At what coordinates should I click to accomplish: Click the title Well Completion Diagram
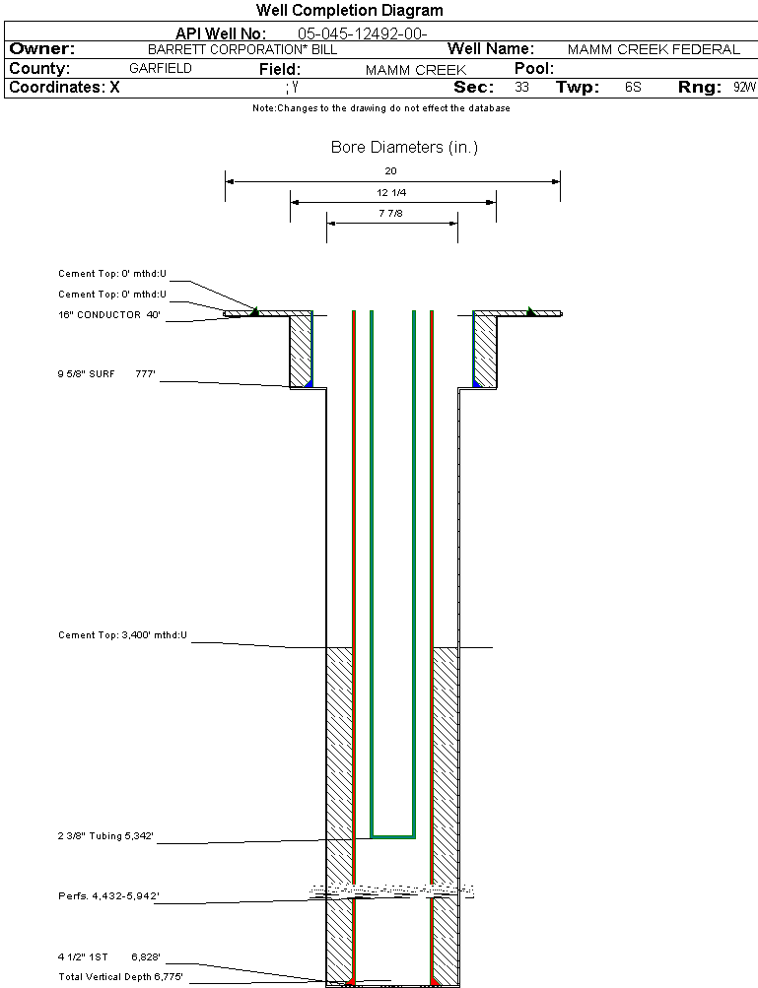pyautogui.click(x=349, y=11)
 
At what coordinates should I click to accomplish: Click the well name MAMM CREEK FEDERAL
pyautogui.click(x=654, y=49)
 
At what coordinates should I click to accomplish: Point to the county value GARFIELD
pyautogui.click(x=161, y=69)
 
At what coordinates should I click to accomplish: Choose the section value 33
pyautogui.click(x=521, y=88)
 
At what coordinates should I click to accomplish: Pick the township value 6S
pyautogui.click(x=633, y=88)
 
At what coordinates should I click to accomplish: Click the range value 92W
pyautogui.click(x=744, y=88)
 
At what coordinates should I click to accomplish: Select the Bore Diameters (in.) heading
pyautogui.click(x=404, y=148)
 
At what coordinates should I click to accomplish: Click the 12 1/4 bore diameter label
pyautogui.click(x=391, y=192)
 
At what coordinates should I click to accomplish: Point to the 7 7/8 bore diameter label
pyautogui.click(x=391, y=213)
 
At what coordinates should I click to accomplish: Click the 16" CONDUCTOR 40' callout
pyautogui.click(x=108, y=315)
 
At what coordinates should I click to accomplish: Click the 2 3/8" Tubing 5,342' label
pyautogui.click(x=105, y=836)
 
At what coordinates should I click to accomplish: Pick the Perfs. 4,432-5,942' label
pyautogui.click(x=108, y=896)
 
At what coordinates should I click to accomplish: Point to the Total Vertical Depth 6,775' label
pyautogui.click(x=120, y=976)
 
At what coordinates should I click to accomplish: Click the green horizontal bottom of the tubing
pyautogui.click(x=392, y=836)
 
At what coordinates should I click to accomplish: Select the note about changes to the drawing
pyautogui.click(x=380, y=108)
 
